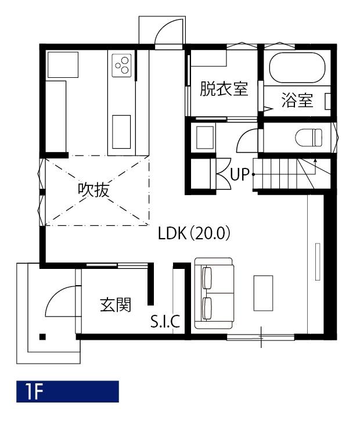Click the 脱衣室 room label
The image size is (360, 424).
[224, 89]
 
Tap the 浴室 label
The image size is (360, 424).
[297, 100]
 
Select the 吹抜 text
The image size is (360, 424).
[93, 189]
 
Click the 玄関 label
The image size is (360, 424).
[116, 304]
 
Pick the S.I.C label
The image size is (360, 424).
[165, 321]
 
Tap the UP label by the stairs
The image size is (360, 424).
[239, 174]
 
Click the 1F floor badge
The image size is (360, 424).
[67, 391]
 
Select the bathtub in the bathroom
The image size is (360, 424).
[297, 67]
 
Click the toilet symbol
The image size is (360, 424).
[309, 138]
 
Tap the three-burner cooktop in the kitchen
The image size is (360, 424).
[121, 66]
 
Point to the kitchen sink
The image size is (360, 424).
[121, 132]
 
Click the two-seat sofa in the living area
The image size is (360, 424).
[214, 293]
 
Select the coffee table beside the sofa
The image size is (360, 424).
[263, 293]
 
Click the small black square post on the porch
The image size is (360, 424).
[42, 337]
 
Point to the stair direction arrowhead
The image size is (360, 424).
[315, 160]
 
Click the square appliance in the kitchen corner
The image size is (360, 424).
[63, 65]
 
